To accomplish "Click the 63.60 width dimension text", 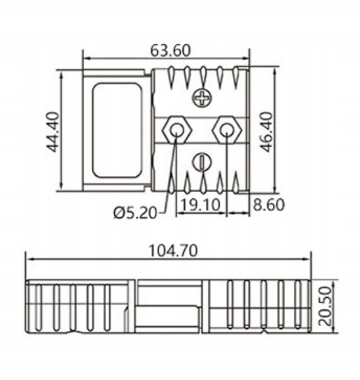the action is coord(170,51).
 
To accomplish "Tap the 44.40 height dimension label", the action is coord(52,131).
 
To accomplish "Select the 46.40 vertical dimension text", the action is coord(267,131).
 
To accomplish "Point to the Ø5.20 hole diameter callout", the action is coord(135,213).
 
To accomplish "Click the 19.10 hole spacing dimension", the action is coord(201,204).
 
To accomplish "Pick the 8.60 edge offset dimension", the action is coord(269,204).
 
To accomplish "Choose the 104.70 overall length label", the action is coord(173,251).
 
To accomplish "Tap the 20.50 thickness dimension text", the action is coord(324,306).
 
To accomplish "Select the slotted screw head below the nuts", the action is coord(202,162).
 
